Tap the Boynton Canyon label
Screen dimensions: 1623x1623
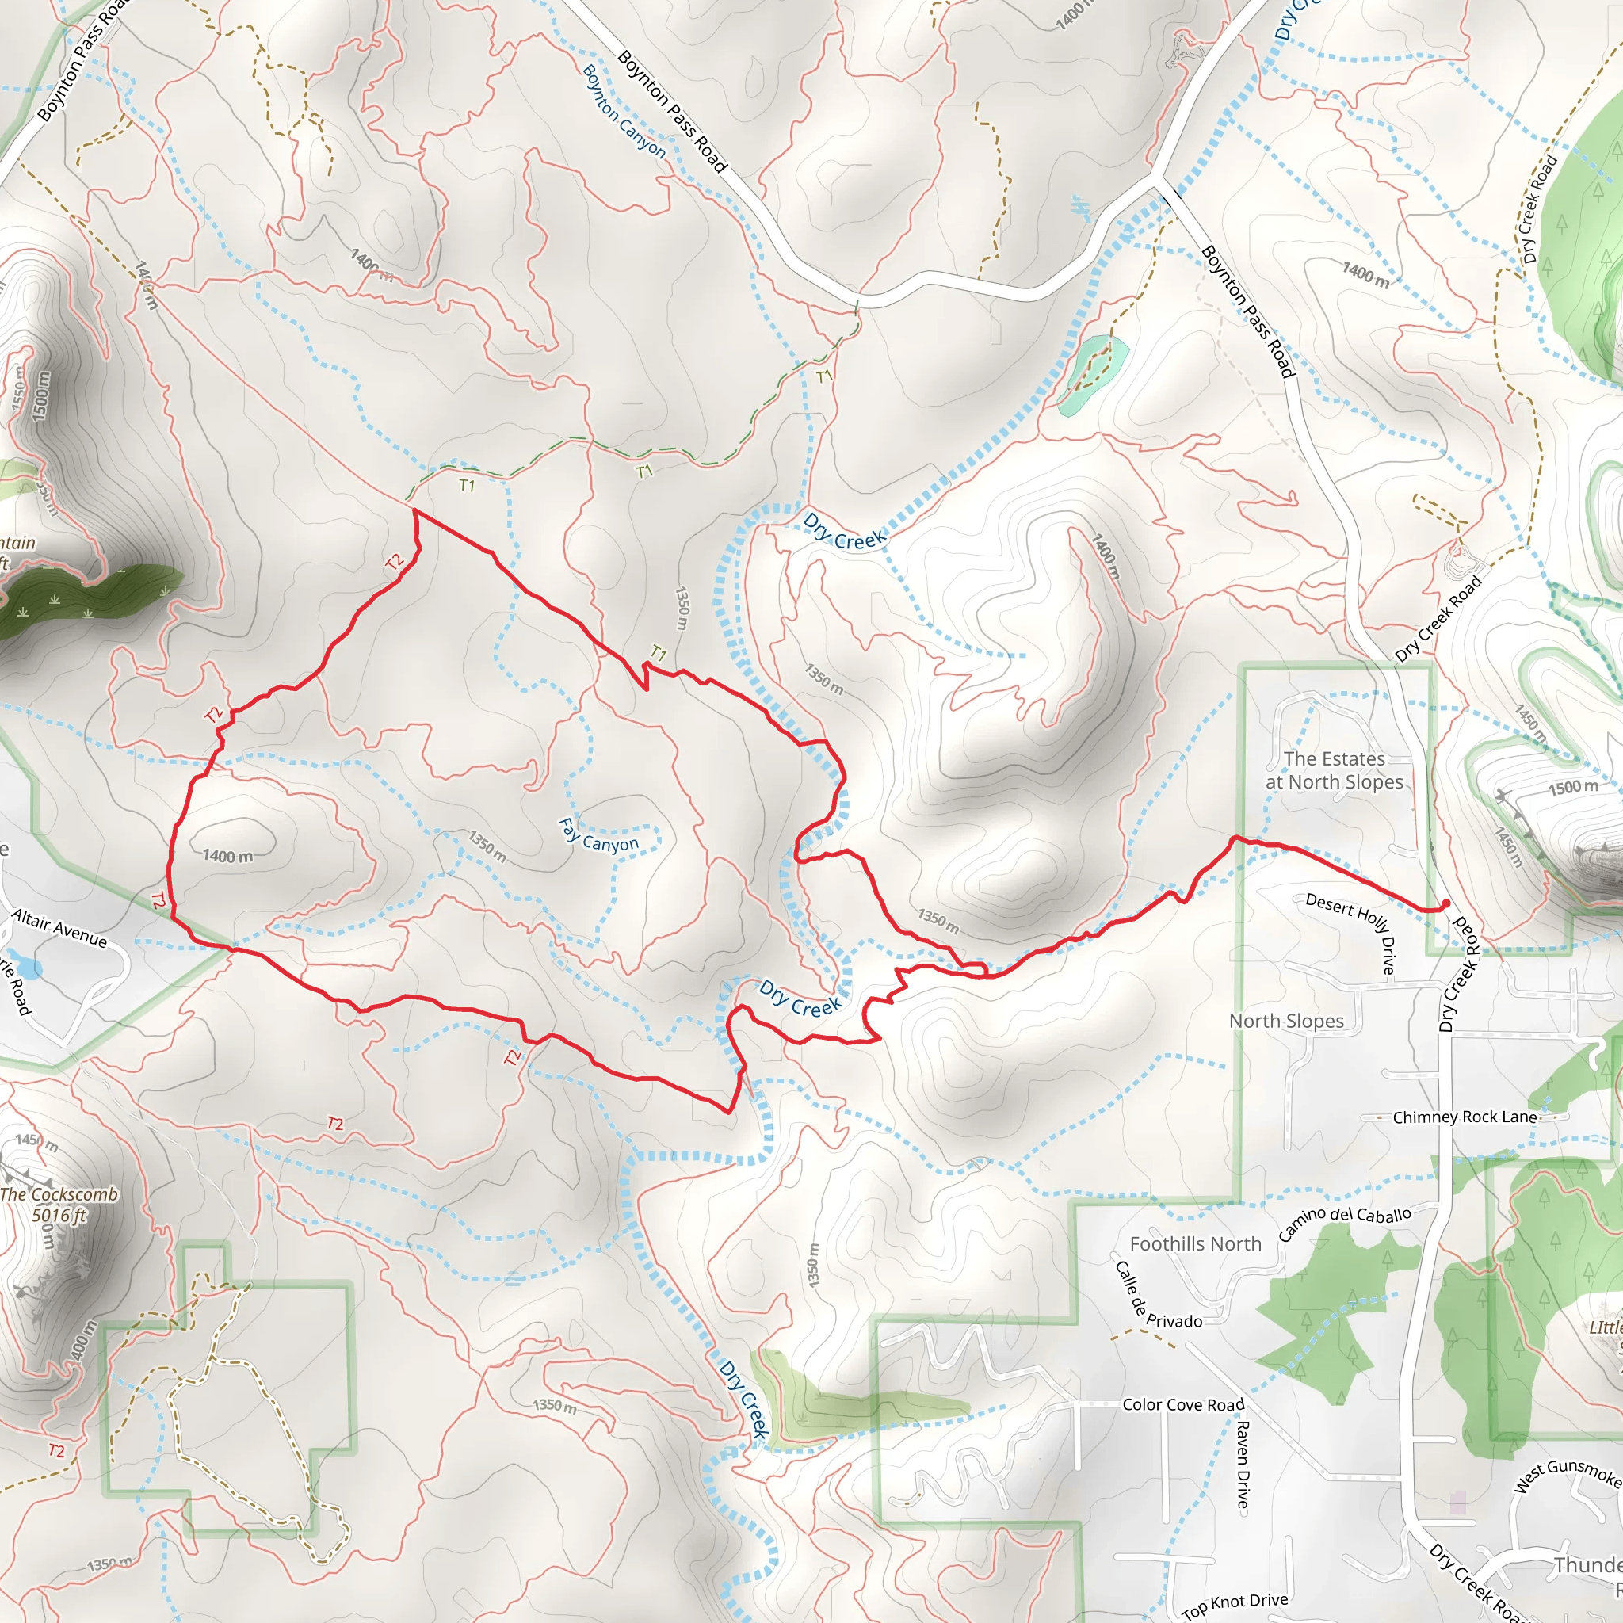pos(624,111)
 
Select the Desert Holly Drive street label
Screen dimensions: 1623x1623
pos(1354,929)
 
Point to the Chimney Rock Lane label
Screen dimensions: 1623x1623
pos(1465,1117)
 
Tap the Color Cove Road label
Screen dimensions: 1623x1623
pos(1183,1404)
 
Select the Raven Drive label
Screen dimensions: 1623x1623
pos(1242,1464)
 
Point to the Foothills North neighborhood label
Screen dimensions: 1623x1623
pos(1194,1244)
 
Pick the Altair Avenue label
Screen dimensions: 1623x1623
pos(59,927)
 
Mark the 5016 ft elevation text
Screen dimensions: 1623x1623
pos(59,1215)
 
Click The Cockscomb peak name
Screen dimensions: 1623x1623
pos(59,1193)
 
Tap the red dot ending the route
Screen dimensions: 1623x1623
pos(1445,904)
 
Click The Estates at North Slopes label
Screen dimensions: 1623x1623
pos(1334,770)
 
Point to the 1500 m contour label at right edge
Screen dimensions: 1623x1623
pos(1572,787)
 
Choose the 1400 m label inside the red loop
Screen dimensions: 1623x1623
pos(227,856)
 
